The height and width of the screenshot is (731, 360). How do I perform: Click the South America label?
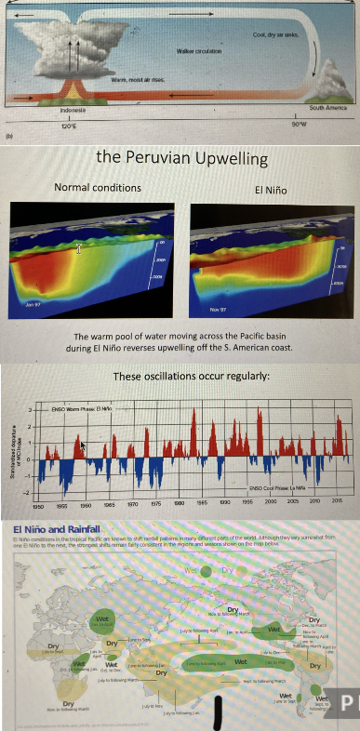pos(328,110)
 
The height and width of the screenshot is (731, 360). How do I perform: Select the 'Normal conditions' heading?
pos(98,188)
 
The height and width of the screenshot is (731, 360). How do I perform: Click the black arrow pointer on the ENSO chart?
pos(85,447)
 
